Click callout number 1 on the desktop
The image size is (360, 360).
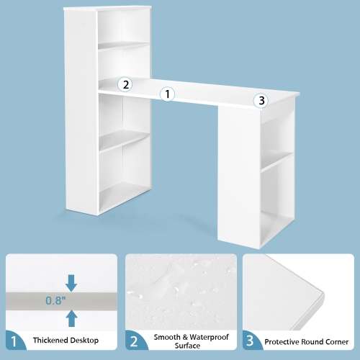(x=167, y=94)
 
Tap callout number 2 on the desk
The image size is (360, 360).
(x=125, y=84)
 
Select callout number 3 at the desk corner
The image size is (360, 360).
(x=261, y=101)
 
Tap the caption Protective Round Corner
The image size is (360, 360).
(x=305, y=340)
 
